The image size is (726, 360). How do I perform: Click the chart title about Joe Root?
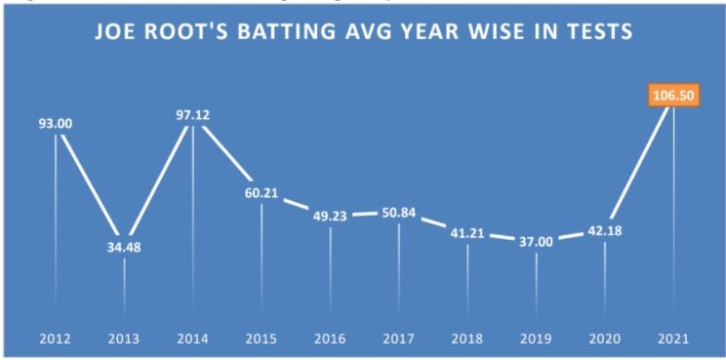(363, 33)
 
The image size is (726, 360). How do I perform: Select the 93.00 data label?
(56, 124)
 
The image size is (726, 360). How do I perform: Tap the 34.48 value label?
(124, 246)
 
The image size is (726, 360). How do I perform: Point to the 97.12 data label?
(192, 115)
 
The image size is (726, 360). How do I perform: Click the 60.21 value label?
(262, 192)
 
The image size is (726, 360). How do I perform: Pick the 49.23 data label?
(330, 218)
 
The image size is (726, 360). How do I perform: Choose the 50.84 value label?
(398, 213)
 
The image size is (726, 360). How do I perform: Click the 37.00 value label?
(536, 242)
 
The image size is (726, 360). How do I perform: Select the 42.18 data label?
(605, 231)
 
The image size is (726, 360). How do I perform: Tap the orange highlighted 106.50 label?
(673, 96)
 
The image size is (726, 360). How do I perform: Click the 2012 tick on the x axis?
(56, 339)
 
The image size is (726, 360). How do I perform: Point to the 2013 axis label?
(124, 339)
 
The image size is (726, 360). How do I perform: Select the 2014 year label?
(192, 339)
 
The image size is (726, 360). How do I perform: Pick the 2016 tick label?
(330, 339)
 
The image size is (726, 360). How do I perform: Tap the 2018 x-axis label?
(467, 339)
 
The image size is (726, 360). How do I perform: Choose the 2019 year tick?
(536, 339)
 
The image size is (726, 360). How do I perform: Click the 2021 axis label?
(673, 339)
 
